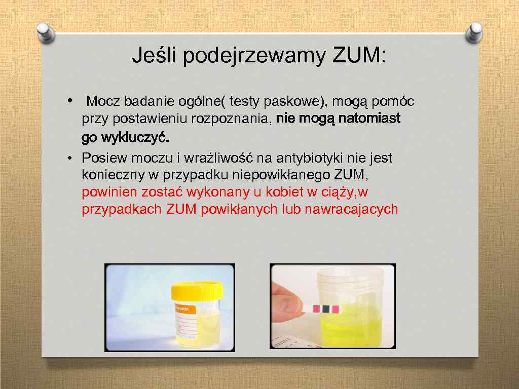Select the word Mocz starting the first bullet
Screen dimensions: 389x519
104,102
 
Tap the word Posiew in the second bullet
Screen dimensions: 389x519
102,159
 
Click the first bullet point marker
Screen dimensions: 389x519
70,101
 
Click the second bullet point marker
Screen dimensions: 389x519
70,159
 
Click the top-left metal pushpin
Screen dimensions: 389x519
46,34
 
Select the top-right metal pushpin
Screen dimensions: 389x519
474,34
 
